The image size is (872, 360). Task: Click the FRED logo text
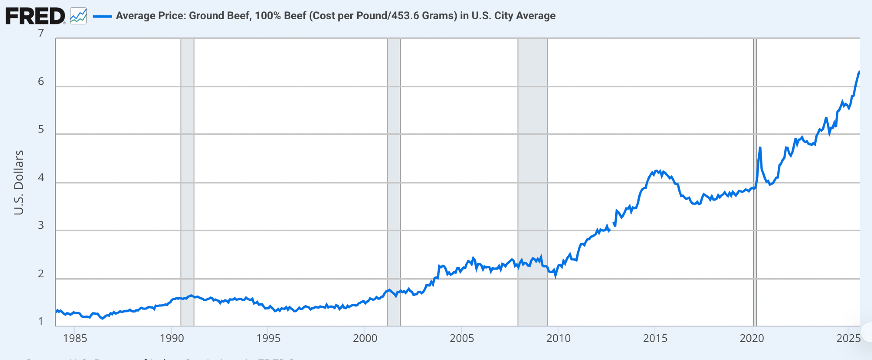tap(35, 16)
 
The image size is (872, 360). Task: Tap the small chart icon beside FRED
tap(78, 16)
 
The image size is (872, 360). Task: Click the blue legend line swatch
tap(102, 16)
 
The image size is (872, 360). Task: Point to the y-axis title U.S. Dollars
tap(19, 182)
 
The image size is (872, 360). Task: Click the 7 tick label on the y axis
tap(41, 33)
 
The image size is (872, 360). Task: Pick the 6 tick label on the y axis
tap(41, 82)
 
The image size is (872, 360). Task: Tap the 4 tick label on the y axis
tap(41, 177)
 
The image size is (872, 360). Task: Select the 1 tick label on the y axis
tap(41, 322)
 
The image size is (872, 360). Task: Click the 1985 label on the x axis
tap(75, 338)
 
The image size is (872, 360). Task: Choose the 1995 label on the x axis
tap(268, 338)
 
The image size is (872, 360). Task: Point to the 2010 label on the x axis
tap(558, 338)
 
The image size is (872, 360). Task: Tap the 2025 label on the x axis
tap(848, 338)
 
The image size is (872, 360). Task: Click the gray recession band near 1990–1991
tap(187, 174)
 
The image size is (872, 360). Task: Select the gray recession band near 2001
tap(394, 174)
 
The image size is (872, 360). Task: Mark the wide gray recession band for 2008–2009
tap(532, 174)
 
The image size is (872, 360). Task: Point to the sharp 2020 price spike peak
tap(760, 148)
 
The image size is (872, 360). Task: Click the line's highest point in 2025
tap(859, 71)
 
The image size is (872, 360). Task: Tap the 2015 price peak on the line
tap(657, 171)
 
